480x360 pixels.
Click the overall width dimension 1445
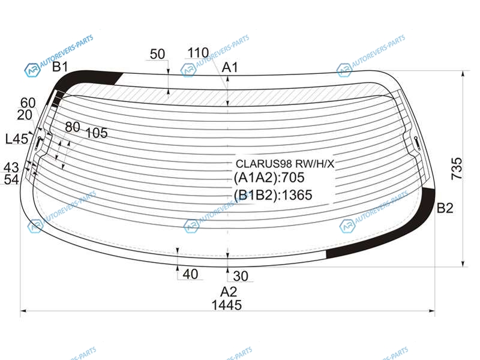pos(227,305)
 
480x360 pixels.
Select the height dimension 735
pos(457,169)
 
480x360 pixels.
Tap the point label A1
pos(230,67)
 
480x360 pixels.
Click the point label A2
pos(229,292)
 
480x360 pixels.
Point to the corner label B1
pos(60,67)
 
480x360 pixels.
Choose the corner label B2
pos(445,208)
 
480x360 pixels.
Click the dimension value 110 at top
pos(198,53)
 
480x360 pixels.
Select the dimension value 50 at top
pos(157,54)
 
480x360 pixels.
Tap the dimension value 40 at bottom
pos(190,274)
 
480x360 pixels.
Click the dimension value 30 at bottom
pos(241,276)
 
